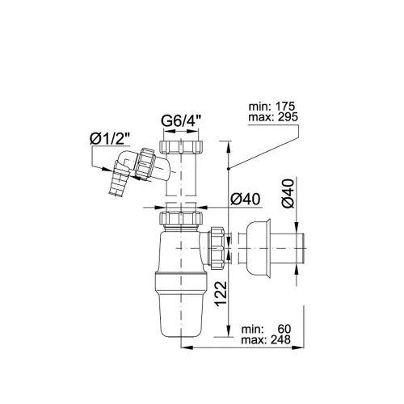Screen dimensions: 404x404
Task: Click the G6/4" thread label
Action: pos(181,121)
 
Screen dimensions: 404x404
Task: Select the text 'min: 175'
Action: pos(272,107)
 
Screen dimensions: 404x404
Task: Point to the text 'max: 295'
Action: pos(273,117)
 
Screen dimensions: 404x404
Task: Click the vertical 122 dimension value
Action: pos(221,294)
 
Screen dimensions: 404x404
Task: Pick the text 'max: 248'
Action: pos(266,339)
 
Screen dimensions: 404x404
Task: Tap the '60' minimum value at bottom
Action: pos(284,329)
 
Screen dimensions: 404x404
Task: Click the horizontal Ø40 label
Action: pos(246,200)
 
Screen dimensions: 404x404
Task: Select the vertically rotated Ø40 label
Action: pos(288,193)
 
